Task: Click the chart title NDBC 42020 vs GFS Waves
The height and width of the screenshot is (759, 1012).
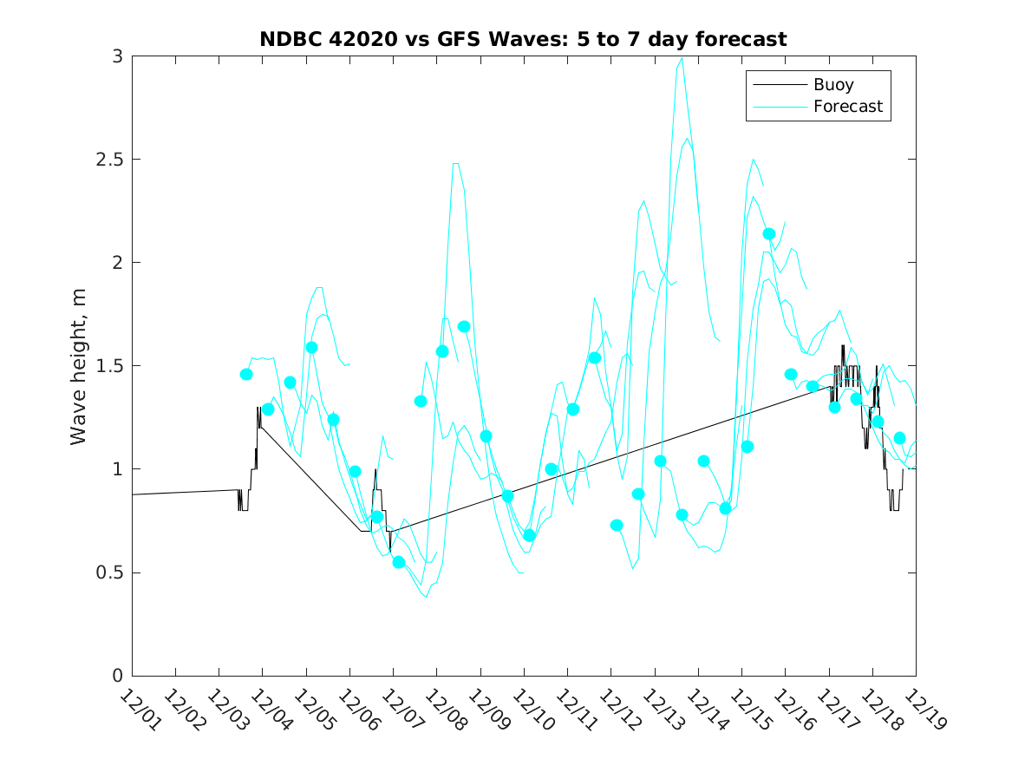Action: pyautogui.click(x=523, y=39)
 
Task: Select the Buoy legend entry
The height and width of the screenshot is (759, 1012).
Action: pyautogui.click(x=833, y=85)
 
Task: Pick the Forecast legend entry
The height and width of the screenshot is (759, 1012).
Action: pyautogui.click(x=847, y=107)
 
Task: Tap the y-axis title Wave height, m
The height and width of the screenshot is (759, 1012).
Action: pyautogui.click(x=79, y=366)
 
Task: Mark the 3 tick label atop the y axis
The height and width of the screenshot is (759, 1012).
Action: pyautogui.click(x=116, y=56)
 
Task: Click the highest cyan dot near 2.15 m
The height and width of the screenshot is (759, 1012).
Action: pyautogui.click(x=768, y=233)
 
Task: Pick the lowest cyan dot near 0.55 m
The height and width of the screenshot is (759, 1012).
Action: pyautogui.click(x=399, y=562)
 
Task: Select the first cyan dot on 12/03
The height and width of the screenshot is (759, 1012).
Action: pyautogui.click(x=246, y=374)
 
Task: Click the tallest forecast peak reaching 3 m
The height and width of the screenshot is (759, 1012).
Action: pyautogui.click(x=682, y=58)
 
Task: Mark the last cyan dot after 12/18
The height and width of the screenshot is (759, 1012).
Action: pyautogui.click(x=899, y=438)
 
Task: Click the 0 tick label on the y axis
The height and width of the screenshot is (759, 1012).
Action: pyautogui.click(x=116, y=676)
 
